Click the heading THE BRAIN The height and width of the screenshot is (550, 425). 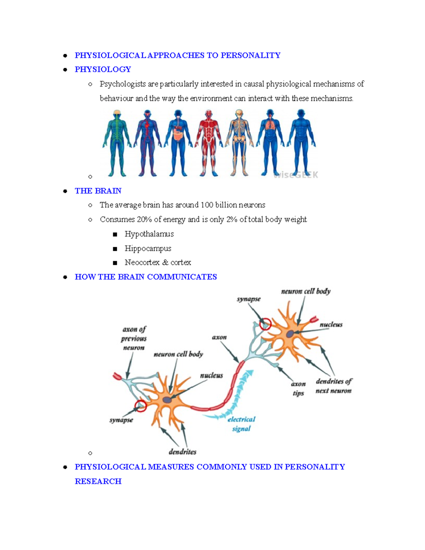click(x=98, y=191)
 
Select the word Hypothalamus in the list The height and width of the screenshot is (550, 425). click(x=149, y=234)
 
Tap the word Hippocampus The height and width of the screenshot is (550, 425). click(x=148, y=249)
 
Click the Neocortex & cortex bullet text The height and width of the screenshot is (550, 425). click(x=158, y=263)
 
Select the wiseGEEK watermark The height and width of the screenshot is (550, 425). click(x=296, y=175)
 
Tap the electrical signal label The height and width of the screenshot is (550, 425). click(x=241, y=424)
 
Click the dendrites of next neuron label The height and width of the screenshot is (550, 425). click(x=333, y=386)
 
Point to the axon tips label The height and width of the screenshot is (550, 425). click(x=298, y=389)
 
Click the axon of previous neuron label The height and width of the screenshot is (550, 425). click(x=134, y=339)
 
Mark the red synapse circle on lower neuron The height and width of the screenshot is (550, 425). click(x=141, y=406)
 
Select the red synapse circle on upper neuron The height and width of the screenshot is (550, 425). click(x=265, y=324)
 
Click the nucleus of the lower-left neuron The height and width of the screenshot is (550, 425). click(x=167, y=400)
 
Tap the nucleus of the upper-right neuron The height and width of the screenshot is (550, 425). click(x=290, y=334)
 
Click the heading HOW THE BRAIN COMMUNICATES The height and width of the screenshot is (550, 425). click(x=146, y=277)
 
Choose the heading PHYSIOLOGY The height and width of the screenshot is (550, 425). click(x=103, y=69)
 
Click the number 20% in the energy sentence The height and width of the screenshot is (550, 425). click(x=144, y=220)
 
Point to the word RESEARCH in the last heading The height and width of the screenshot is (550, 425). click(x=98, y=481)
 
